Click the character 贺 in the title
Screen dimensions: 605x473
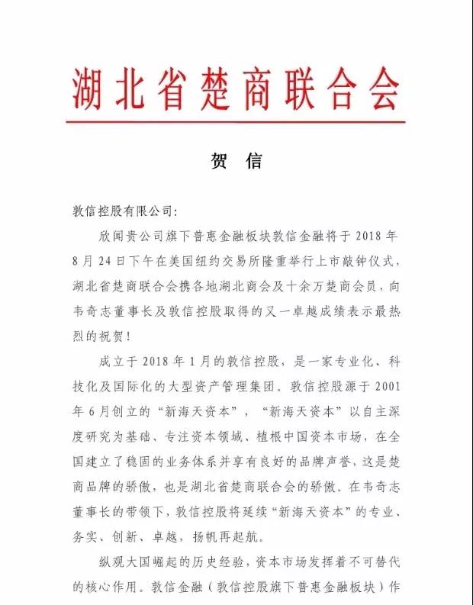[x=217, y=161]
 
